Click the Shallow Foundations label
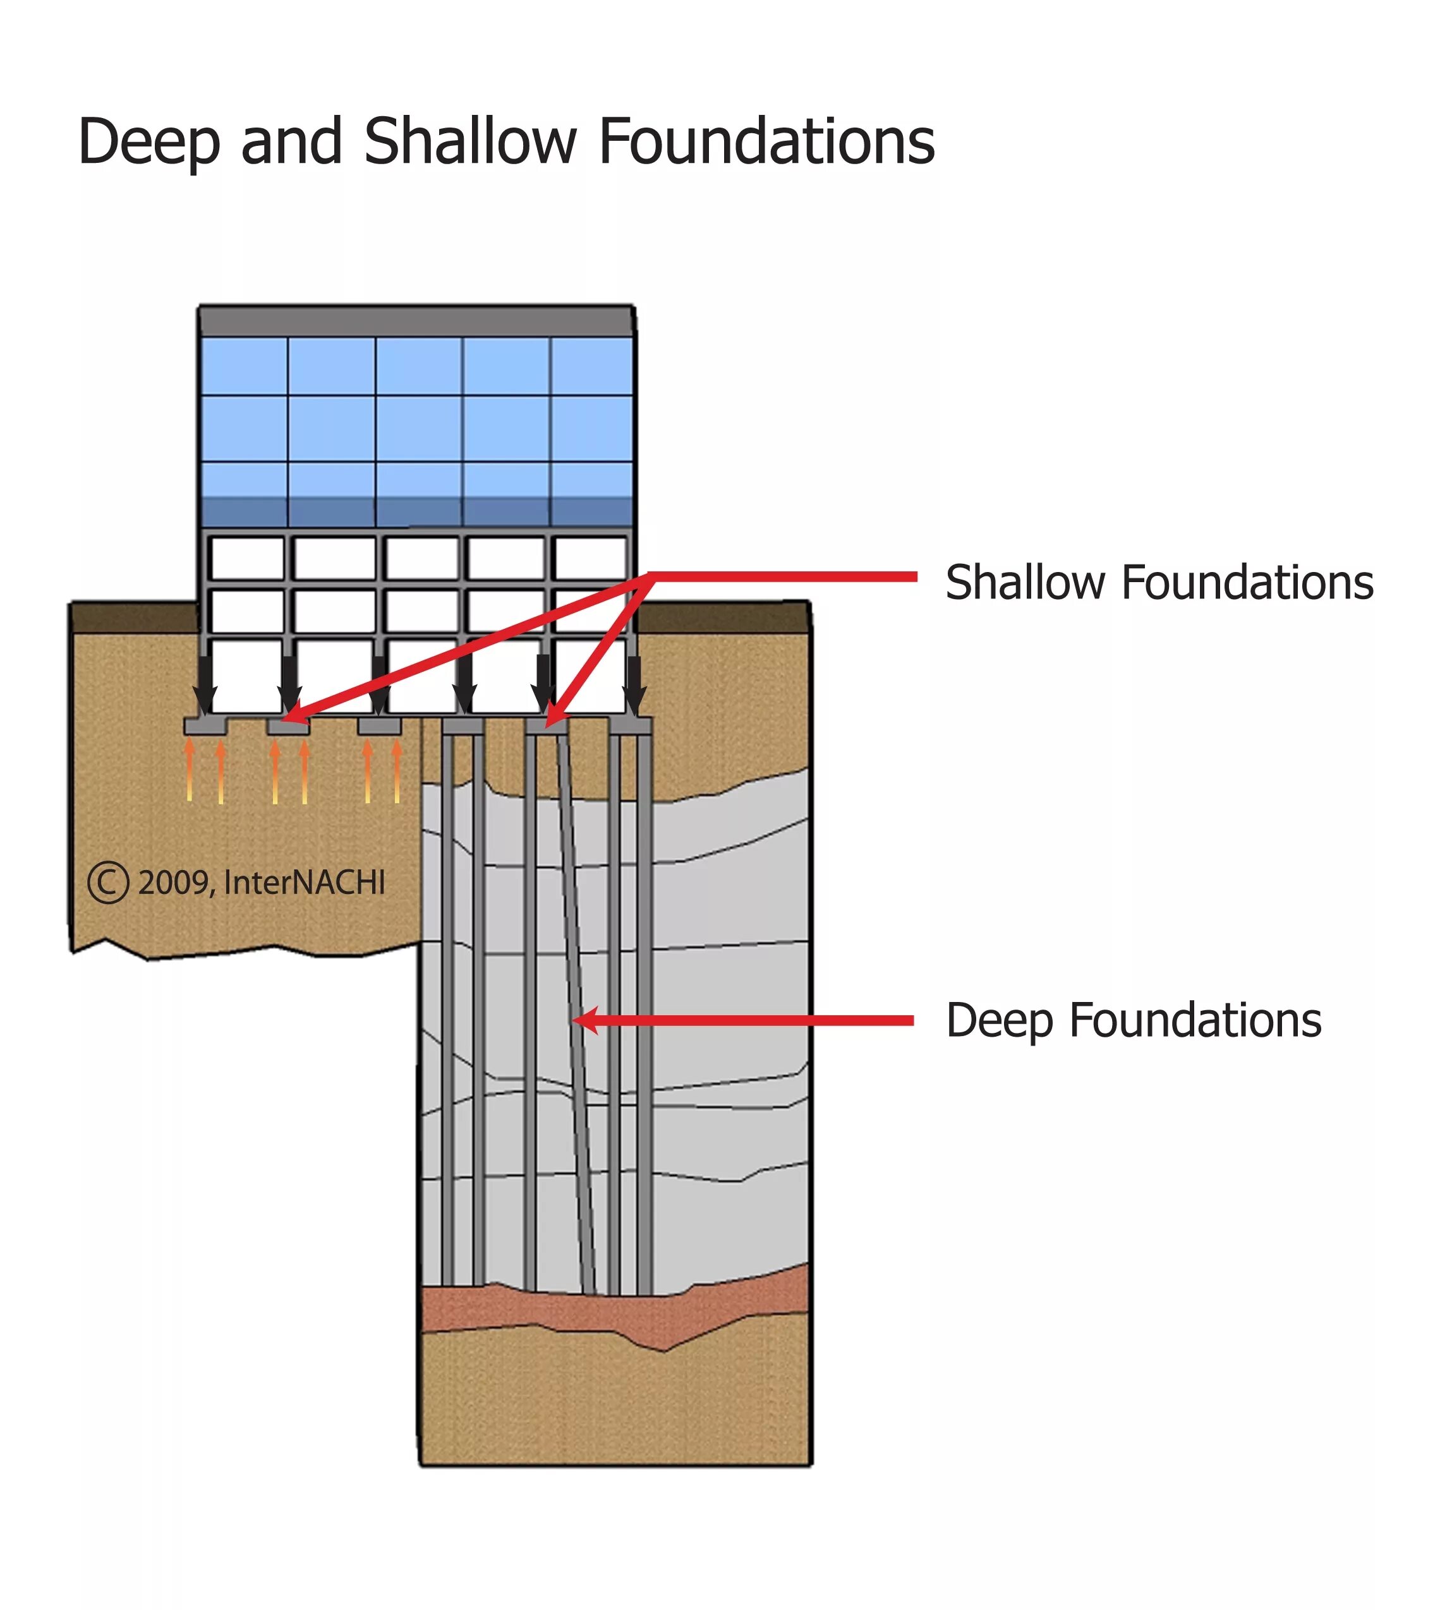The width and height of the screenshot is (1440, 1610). pyautogui.click(x=1159, y=583)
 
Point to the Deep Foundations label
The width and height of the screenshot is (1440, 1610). pyautogui.click(x=1133, y=1021)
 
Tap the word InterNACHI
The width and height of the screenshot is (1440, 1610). pyautogui.click(x=305, y=883)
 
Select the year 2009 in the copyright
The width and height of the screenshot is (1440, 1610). pyautogui.click(x=174, y=883)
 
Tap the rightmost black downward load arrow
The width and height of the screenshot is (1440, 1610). pyautogui.click(x=634, y=684)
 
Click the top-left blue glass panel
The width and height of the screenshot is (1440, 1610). pyautogui.click(x=244, y=366)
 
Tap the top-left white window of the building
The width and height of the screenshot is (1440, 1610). pyautogui.click(x=247, y=558)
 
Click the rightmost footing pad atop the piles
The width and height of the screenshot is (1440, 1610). pyautogui.click(x=631, y=725)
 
